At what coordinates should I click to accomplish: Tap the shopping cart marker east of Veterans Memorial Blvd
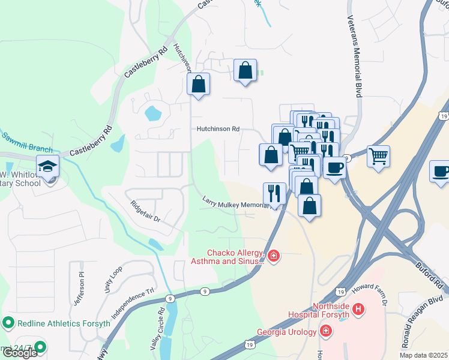pyautogui.click(x=378, y=156)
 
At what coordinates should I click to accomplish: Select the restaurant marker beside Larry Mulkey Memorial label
pyautogui.click(x=274, y=193)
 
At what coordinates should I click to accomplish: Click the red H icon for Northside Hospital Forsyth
pyautogui.click(x=358, y=310)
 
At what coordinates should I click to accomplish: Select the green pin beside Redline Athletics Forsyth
pyautogui.click(x=8, y=323)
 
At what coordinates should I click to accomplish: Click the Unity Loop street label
pyautogui.click(x=112, y=279)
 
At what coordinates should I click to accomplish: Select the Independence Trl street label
pyautogui.click(x=133, y=305)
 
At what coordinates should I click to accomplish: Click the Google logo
pyautogui.click(x=20, y=353)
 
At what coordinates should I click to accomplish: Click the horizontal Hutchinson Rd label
pyautogui.click(x=218, y=129)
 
